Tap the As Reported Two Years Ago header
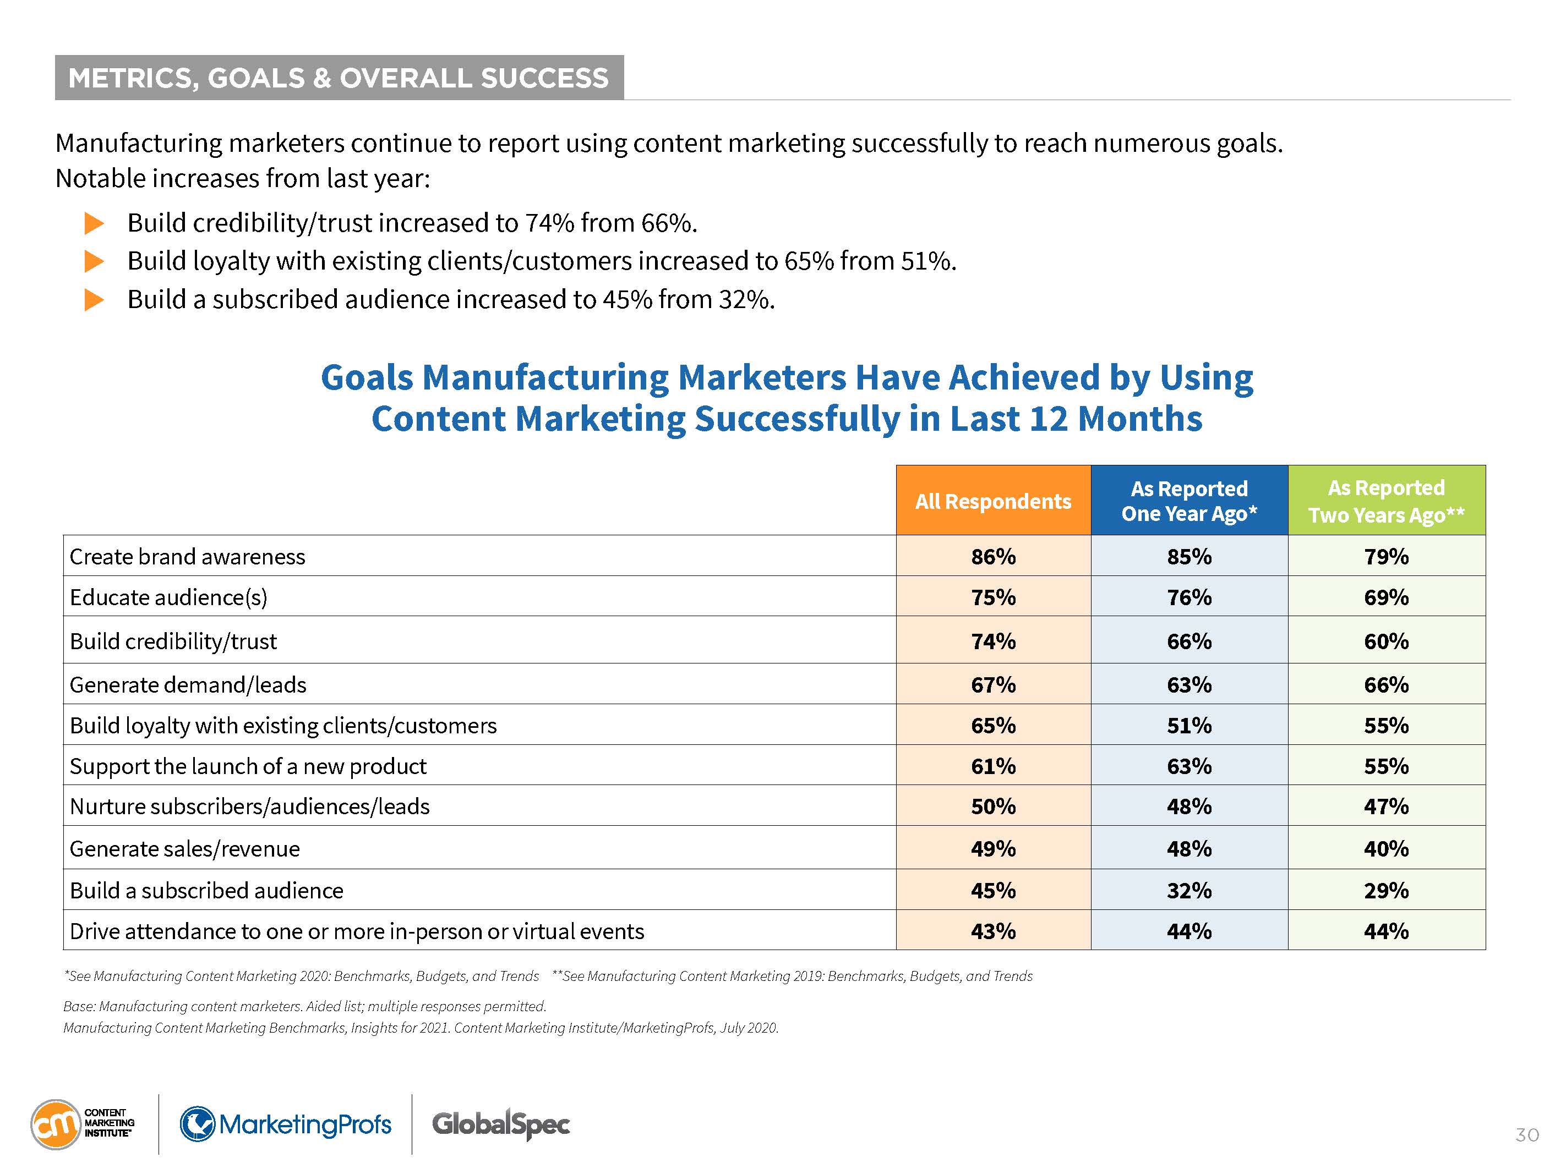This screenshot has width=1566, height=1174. point(1385,500)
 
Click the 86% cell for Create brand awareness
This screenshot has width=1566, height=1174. point(992,556)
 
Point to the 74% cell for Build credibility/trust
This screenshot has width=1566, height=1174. point(992,641)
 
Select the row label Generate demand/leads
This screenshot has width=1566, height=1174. point(188,684)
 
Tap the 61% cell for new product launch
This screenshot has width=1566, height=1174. point(992,766)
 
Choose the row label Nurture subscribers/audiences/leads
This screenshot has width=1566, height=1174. point(249,806)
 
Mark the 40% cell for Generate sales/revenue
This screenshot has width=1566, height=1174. point(1385,848)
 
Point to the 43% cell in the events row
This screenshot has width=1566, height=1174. point(992,931)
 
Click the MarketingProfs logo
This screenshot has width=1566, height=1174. point(285,1124)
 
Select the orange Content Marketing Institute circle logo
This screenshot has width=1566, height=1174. point(55,1124)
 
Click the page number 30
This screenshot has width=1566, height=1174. point(1526,1135)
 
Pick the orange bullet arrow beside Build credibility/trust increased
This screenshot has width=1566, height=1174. point(94,223)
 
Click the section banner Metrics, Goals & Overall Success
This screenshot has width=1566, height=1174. point(339,78)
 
